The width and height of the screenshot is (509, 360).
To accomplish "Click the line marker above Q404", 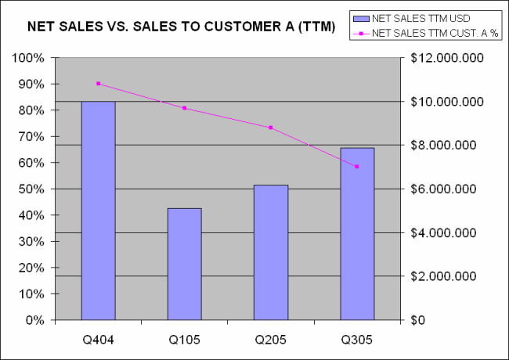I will (99, 84).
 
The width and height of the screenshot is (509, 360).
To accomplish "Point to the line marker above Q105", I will (185, 108).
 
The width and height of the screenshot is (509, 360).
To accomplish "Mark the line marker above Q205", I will (271, 128).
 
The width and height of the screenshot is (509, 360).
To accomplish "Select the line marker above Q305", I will (357, 167).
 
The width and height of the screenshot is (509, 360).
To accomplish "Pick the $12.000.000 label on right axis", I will (442, 58).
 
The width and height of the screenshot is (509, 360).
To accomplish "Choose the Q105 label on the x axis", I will (185, 340).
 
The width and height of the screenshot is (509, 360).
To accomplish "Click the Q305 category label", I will (357, 340).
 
